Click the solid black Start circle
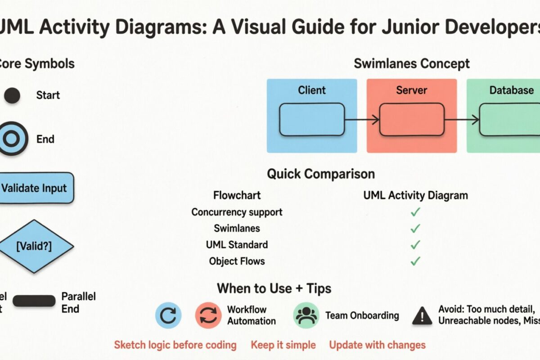pyautogui.click(x=12, y=95)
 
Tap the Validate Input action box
pyautogui.click(x=35, y=188)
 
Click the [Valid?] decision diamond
pyautogui.click(x=34, y=246)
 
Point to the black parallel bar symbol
pyautogui.click(x=34, y=301)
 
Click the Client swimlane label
pyautogui.click(x=312, y=90)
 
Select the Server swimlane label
pyautogui.click(x=411, y=90)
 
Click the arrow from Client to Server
pyautogui.click(x=362, y=119)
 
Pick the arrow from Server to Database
pyautogui.click(x=462, y=119)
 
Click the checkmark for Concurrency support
pyautogui.click(x=415, y=212)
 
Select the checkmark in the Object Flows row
pyautogui.click(x=415, y=261)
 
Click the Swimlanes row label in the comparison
pyautogui.click(x=237, y=228)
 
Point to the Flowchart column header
pyautogui.click(x=237, y=195)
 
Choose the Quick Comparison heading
pyautogui.click(x=320, y=174)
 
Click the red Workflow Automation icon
pyautogui.click(x=208, y=315)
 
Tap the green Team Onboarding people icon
pyautogui.click(x=306, y=315)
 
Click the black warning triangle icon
pyautogui.click(x=422, y=316)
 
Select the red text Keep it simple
pyautogui.click(x=283, y=345)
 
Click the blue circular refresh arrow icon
pyautogui.click(x=168, y=315)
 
